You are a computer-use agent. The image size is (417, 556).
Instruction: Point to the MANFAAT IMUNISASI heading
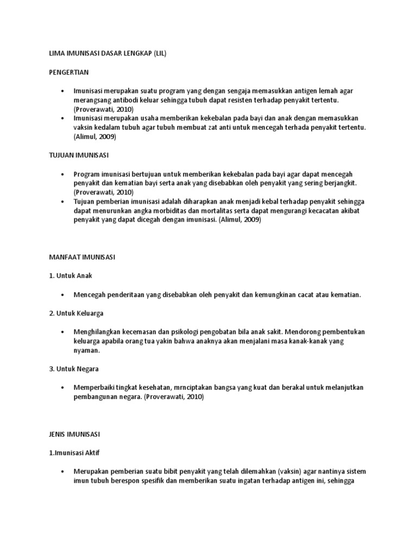click(79, 257)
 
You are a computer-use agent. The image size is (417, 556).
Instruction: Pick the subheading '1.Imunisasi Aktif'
click(71, 452)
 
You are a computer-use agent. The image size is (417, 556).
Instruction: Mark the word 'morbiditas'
click(170, 211)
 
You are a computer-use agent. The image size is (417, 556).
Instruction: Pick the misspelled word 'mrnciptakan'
click(194, 388)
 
